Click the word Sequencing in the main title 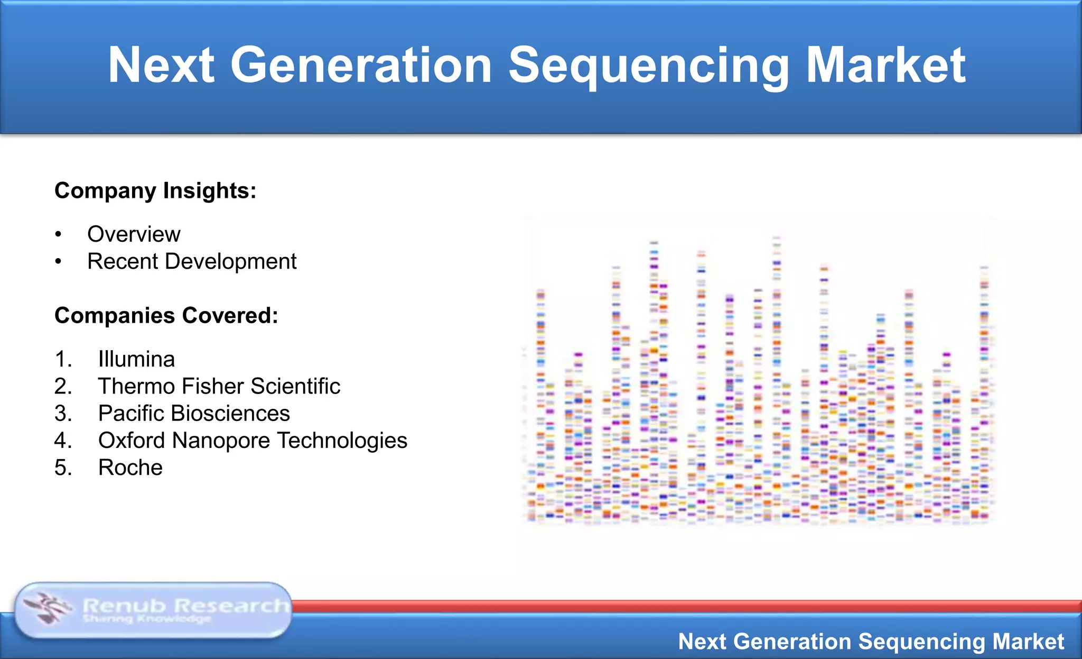coord(649,66)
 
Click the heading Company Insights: coord(155,191)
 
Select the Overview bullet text coord(134,234)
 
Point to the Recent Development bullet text coord(192,261)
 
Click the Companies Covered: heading coord(166,316)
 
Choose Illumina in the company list coord(136,360)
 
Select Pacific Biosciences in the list coord(194,414)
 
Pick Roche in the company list coord(130,468)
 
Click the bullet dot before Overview coord(59,234)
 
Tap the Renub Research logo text coord(185,605)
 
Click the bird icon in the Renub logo coord(48,608)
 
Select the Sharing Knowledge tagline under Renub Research coord(147,619)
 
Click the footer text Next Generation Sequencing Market coord(871,642)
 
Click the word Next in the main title coord(161,66)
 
